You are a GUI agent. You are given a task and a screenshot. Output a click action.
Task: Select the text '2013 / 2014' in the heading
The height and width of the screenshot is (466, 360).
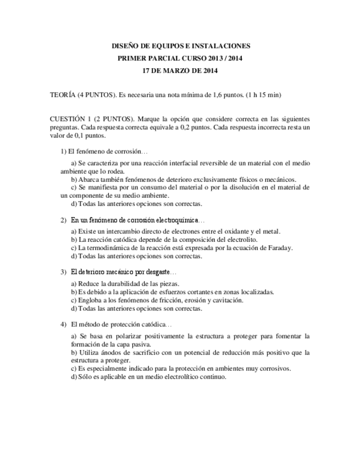226,58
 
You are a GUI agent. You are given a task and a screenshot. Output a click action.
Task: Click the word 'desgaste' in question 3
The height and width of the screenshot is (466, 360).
157,272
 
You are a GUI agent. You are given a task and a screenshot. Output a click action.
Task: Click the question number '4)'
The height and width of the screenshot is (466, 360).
63,324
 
